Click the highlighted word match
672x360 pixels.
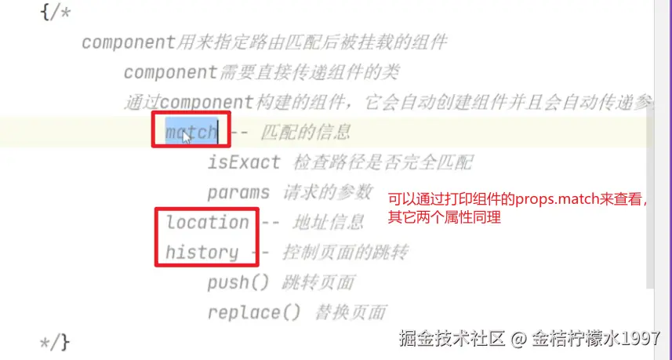pyautogui.click(x=191, y=132)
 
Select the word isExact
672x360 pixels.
pyautogui.click(x=243, y=162)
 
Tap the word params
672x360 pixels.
pyautogui.click(x=238, y=192)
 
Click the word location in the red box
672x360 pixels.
pyautogui.click(x=207, y=222)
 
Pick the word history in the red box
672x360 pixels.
pyautogui.click(x=202, y=252)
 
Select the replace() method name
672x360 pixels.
pyautogui.click(x=253, y=312)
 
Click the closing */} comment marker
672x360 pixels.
pyautogui.click(x=55, y=342)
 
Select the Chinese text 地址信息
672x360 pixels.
pyautogui.click(x=329, y=223)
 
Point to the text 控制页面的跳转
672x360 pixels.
pyautogui.click(x=344, y=253)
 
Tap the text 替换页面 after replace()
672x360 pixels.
pyautogui.click(x=350, y=313)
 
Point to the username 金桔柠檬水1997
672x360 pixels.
pyautogui.click(x=596, y=340)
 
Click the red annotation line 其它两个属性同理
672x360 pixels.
pyautogui.click(x=445, y=217)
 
